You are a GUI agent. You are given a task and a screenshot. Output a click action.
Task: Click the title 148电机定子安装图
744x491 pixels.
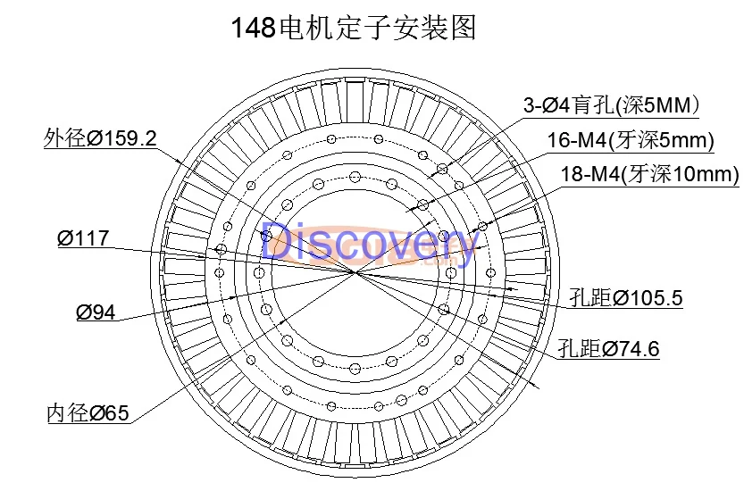tap(354, 29)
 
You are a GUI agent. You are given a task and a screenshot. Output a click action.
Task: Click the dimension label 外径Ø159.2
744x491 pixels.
tap(100, 138)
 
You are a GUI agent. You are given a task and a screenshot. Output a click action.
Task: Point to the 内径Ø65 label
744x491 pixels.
tap(88, 413)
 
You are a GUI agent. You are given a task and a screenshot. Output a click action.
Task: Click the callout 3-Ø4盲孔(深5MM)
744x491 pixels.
tap(611, 105)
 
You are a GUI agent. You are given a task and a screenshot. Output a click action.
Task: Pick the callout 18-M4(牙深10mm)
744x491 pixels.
tap(649, 174)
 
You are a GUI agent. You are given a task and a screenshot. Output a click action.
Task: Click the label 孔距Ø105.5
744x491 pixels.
tap(626, 298)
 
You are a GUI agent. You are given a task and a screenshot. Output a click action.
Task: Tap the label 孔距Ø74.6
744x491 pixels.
tap(608, 349)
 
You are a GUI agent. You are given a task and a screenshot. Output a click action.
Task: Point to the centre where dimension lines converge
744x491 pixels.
tap(356, 270)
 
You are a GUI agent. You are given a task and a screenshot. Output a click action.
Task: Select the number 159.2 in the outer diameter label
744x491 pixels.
tap(130, 138)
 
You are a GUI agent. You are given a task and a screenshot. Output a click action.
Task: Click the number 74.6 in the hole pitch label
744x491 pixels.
tap(640, 349)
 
